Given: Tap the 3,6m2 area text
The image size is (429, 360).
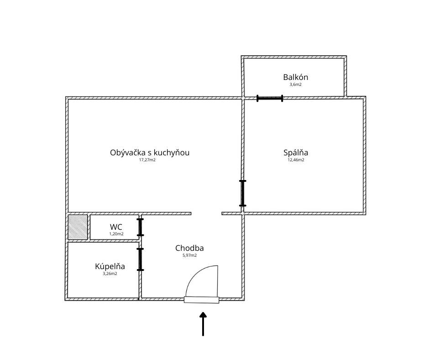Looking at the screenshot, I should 295,85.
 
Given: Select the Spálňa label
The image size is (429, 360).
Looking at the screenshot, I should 295,153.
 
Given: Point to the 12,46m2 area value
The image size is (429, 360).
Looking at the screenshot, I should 295,160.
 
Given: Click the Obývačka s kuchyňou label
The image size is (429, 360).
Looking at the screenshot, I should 150,153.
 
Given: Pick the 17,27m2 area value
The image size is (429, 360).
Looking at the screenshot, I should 147,160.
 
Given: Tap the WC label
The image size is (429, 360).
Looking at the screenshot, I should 116,227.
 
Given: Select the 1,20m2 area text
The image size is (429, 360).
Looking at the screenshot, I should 116,234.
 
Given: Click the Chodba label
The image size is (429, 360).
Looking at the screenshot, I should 189,248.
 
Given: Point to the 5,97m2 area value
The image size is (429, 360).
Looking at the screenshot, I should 189,255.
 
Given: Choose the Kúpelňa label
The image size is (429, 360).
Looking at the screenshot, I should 110,266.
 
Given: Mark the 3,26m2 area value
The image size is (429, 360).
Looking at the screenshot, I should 110,274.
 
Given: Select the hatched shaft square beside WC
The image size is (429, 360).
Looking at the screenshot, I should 78,227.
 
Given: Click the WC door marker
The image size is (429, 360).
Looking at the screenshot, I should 141,227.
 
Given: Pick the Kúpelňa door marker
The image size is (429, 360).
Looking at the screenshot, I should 141,259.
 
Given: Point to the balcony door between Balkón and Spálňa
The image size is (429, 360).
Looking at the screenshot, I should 270,98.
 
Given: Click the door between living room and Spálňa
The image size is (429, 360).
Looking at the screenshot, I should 243,193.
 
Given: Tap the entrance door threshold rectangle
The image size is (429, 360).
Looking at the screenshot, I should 201,300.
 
